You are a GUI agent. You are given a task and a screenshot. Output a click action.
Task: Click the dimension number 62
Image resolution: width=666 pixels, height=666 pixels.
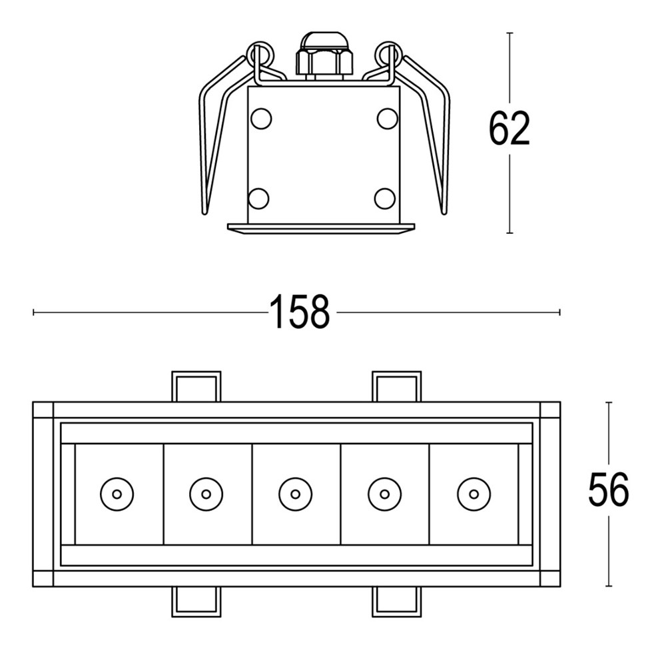[x=509, y=129]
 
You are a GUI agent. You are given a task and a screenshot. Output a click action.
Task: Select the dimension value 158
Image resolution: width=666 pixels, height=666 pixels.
[x=299, y=312]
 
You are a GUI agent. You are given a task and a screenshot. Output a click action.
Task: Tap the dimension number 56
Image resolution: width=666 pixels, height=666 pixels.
[x=607, y=491]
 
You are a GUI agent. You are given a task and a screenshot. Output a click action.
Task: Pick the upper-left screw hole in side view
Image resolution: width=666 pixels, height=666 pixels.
[x=261, y=119]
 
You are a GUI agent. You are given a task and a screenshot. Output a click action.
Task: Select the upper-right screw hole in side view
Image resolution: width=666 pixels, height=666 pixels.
[x=387, y=119]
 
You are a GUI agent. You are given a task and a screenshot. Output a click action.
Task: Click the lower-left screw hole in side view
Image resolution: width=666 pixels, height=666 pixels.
[x=258, y=198]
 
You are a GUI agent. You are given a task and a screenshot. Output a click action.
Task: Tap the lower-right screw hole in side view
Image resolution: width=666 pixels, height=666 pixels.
[x=385, y=198]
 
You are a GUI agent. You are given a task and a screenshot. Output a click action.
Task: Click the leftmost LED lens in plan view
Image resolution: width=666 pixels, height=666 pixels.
[x=117, y=494]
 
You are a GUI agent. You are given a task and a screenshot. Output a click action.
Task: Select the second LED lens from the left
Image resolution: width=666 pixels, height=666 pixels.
[x=206, y=494]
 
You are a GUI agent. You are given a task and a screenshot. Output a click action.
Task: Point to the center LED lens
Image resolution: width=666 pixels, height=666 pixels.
[x=295, y=494]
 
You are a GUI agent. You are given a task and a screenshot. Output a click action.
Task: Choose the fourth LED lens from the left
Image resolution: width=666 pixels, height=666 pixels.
[x=384, y=494]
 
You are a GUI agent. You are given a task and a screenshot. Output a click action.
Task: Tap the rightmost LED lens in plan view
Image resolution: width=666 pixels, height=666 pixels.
[x=474, y=494]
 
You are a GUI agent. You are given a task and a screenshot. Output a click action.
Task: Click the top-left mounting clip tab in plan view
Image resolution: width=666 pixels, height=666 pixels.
[x=196, y=387]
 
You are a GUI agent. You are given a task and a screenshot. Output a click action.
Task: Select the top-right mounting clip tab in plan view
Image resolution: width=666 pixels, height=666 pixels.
[x=396, y=387]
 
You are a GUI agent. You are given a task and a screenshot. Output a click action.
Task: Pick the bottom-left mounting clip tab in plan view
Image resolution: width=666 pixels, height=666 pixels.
[x=196, y=601]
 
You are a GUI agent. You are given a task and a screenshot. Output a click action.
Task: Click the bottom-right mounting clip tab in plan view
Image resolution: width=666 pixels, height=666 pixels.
[x=396, y=601]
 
